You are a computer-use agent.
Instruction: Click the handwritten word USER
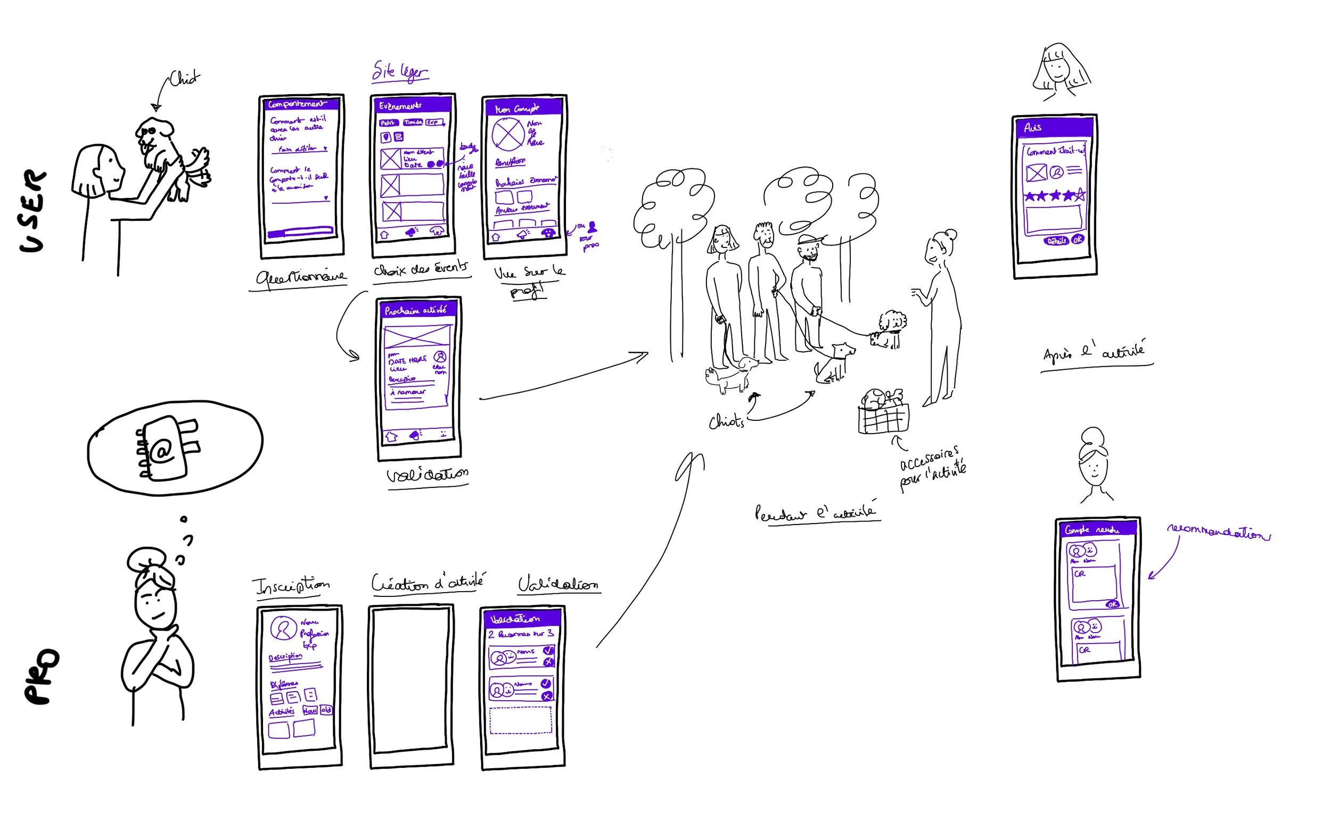[32, 211]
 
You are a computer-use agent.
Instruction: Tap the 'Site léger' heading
[400, 72]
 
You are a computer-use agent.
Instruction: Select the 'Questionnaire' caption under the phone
[301, 277]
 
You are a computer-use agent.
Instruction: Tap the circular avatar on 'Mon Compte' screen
[507, 134]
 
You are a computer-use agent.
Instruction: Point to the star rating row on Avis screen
[1054, 196]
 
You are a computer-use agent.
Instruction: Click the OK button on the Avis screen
[1077, 240]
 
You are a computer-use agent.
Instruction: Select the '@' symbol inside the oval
[161, 451]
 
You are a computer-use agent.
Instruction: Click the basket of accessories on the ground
[882, 413]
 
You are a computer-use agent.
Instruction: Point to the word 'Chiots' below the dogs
[726, 421]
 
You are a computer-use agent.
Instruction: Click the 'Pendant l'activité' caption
[815, 513]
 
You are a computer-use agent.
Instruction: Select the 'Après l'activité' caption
[1094, 352]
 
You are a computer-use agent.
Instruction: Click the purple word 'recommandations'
[1219, 532]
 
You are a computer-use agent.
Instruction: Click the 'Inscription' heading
[292, 586]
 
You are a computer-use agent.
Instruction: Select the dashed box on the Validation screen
[521, 720]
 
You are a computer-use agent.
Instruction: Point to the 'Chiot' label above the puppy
[184, 79]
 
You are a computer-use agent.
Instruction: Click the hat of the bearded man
[809, 239]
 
